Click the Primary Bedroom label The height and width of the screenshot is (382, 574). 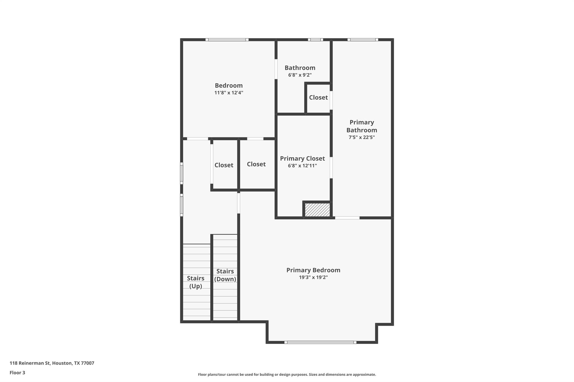pyautogui.click(x=313, y=270)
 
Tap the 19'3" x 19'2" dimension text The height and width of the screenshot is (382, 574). pyautogui.click(x=313, y=277)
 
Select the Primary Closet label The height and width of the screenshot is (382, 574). pyautogui.click(x=302, y=158)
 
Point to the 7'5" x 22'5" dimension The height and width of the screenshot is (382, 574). pyautogui.click(x=362, y=137)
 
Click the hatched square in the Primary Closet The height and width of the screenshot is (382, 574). pyautogui.click(x=317, y=210)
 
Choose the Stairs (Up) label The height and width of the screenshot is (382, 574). pyautogui.click(x=195, y=282)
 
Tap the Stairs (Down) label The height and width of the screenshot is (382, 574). pyautogui.click(x=225, y=275)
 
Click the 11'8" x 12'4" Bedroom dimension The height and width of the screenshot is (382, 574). pyautogui.click(x=228, y=93)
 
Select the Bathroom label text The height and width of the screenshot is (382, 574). pyautogui.click(x=300, y=68)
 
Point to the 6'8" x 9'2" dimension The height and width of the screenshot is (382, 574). pyautogui.click(x=300, y=75)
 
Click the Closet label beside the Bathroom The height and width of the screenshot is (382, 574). pyautogui.click(x=318, y=97)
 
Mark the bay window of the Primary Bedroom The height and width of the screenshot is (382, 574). pyautogui.click(x=320, y=342)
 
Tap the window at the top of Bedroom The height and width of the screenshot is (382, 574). pyautogui.click(x=227, y=40)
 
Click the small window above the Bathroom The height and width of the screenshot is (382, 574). pyautogui.click(x=315, y=40)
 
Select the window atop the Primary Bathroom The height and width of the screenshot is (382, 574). pyautogui.click(x=363, y=40)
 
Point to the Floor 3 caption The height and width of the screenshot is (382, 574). pyautogui.click(x=17, y=372)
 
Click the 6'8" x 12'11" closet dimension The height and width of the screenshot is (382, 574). pyautogui.click(x=302, y=166)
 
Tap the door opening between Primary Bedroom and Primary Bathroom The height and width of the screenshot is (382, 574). pyautogui.click(x=347, y=218)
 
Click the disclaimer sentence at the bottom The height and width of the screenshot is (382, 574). pyautogui.click(x=287, y=374)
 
